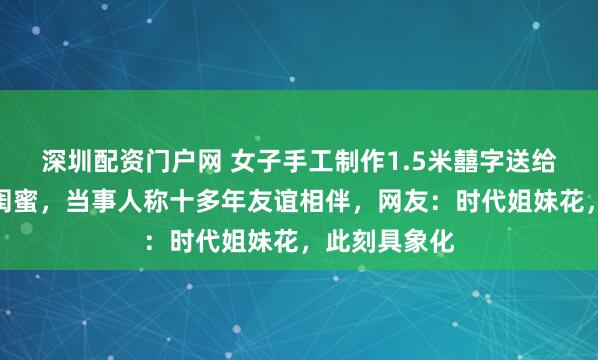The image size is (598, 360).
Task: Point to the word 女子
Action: pyautogui.click(x=249, y=157)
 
